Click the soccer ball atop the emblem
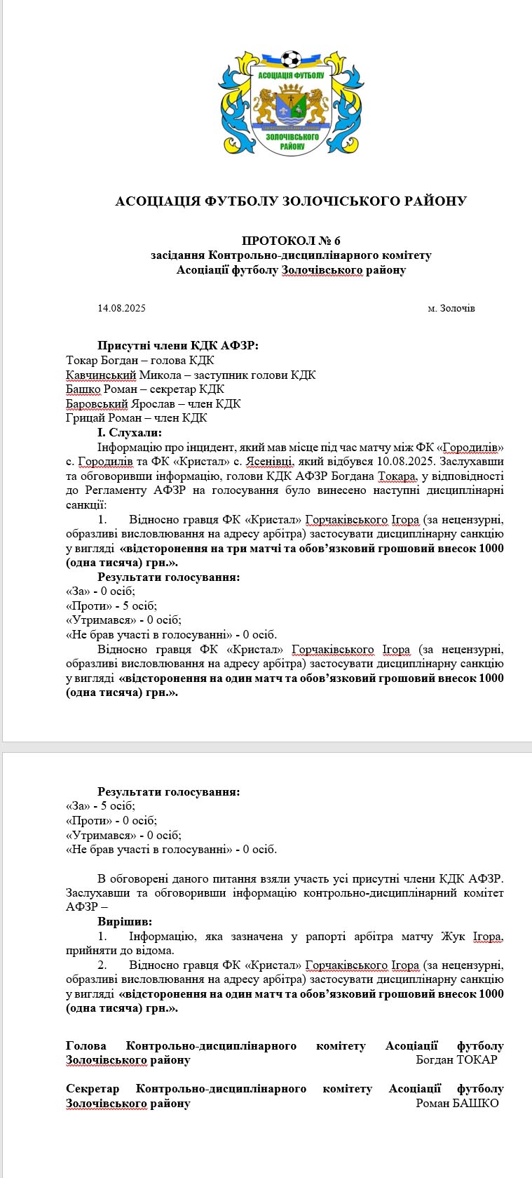pos(291,59)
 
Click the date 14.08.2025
pos(122,308)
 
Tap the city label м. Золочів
pos(451,308)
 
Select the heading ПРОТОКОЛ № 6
pos(291,241)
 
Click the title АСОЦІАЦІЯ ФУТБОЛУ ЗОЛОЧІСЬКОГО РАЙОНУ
pos(291,201)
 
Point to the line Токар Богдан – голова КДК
pos(140,360)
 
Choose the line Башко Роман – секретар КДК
pos(145,389)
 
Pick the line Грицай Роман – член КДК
pos(137,418)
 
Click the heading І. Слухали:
pos(130,433)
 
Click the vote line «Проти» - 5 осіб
pos(111,605)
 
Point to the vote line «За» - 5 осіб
pos(100,806)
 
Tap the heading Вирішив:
pos(125,921)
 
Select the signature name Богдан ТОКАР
pos(456,1059)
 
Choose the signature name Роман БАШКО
pos(457,1103)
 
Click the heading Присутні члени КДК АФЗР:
pos(178,345)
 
